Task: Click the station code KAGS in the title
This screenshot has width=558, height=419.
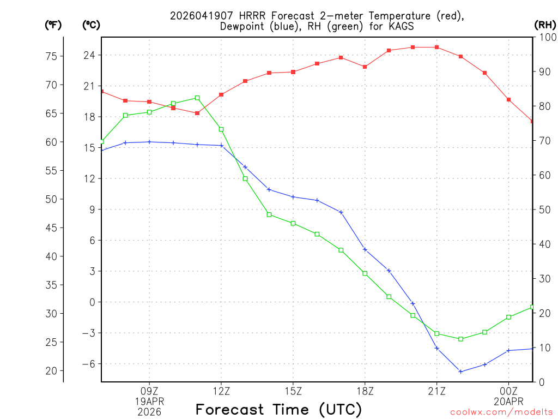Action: [x=401, y=26]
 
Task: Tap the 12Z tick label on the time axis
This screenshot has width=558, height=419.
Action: [x=221, y=391]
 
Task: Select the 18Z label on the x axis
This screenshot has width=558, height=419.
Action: [x=365, y=391]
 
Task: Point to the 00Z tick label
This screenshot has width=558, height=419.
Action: [x=508, y=391]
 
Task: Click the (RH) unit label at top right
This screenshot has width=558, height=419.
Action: [x=545, y=25]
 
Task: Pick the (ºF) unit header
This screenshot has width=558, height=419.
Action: [x=53, y=25]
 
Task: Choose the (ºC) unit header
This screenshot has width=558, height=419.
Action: [x=90, y=25]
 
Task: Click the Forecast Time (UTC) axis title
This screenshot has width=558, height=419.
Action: [x=278, y=409]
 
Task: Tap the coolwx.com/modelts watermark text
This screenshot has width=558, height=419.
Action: [x=501, y=412]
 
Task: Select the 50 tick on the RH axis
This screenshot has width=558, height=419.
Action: [x=544, y=210]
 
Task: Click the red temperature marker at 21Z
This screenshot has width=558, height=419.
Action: [x=437, y=47]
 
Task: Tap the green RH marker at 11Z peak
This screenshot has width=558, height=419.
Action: [x=197, y=98]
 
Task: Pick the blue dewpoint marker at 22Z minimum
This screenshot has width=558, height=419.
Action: [x=461, y=372]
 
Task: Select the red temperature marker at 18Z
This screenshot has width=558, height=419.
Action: [x=365, y=67]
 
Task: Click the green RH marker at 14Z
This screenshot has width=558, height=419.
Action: [x=269, y=214]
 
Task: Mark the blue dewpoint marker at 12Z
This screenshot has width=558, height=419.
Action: [x=221, y=146]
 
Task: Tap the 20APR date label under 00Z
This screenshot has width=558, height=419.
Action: [x=508, y=401]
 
